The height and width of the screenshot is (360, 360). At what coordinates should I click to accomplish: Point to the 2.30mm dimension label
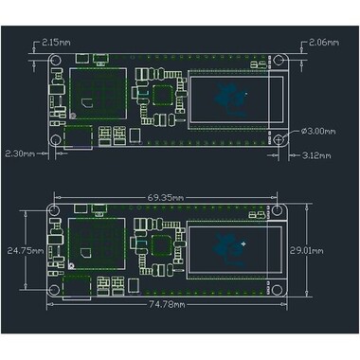click(x=21, y=152)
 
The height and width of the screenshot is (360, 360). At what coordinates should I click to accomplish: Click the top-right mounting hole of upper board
click(x=280, y=62)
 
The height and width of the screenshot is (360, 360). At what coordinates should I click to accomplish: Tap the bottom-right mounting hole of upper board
click(x=280, y=140)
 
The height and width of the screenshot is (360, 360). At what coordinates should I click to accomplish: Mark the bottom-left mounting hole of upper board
click(x=56, y=140)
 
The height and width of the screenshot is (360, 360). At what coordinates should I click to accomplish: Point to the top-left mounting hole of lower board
click(x=56, y=213)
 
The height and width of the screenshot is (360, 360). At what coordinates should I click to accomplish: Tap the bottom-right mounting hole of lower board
click(x=280, y=288)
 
